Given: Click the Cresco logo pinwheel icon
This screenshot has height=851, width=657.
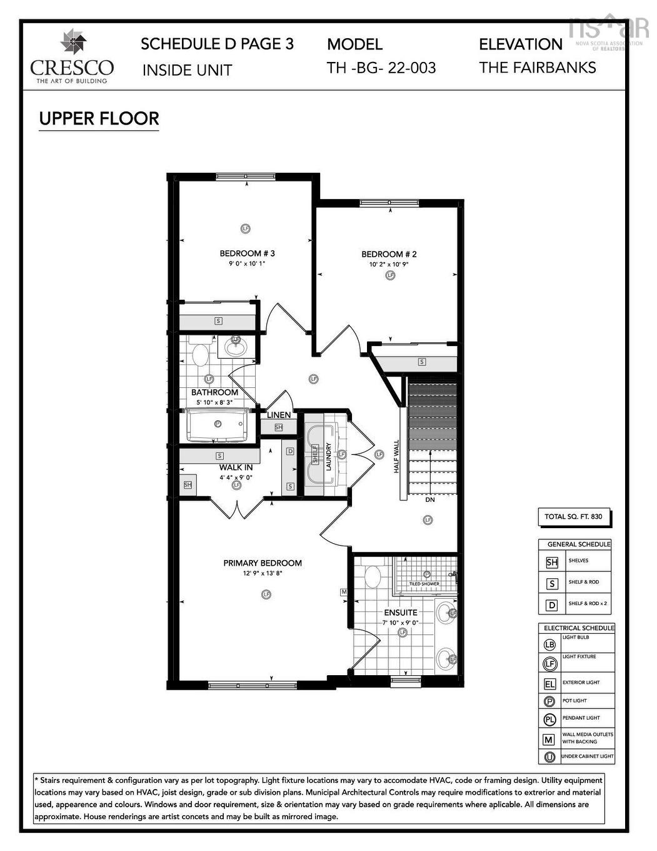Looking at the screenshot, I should pyautogui.click(x=73, y=43).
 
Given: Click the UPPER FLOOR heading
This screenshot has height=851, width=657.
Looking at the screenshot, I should pyautogui.click(x=99, y=118).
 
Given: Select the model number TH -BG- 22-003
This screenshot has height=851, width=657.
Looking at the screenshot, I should pyautogui.click(x=381, y=68).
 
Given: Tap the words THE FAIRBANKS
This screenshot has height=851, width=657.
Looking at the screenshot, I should pyautogui.click(x=538, y=68).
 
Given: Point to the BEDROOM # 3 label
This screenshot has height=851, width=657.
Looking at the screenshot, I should pyautogui.click(x=247, y=253).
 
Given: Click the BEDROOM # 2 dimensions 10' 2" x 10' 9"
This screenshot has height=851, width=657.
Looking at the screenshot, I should pyautogui.click(x=389, y=264).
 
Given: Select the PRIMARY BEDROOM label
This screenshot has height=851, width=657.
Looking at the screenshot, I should pyautogui.click(x=263, y=563).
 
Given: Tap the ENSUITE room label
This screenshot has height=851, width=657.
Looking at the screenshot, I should pyautogui.click(x=401, y=613).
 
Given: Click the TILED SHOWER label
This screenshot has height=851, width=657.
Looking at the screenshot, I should pyautogui.click(x=424, y=584).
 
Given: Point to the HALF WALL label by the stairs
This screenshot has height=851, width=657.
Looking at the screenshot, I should pyautogui.click(x=396, y=456).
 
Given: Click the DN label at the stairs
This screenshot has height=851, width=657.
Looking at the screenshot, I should pyautogui.click(x=430, y=500).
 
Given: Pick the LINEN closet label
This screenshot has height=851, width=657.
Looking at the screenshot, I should pyautogui.click(x=279, y=415).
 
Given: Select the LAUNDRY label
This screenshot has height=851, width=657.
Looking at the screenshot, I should pyautogui.click(x=328, y=457).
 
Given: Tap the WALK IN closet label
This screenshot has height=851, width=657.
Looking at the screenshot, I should pyautogui.click(x=236, y=467).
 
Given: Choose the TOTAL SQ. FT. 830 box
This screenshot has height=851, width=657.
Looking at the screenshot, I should pyautogui.click(x=573, y=517).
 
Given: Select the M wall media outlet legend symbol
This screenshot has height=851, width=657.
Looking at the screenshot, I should pyautogui.click(x=549, y=740).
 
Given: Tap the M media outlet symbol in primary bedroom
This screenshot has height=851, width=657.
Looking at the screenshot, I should pyautogui.click(x=343, y=592).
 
